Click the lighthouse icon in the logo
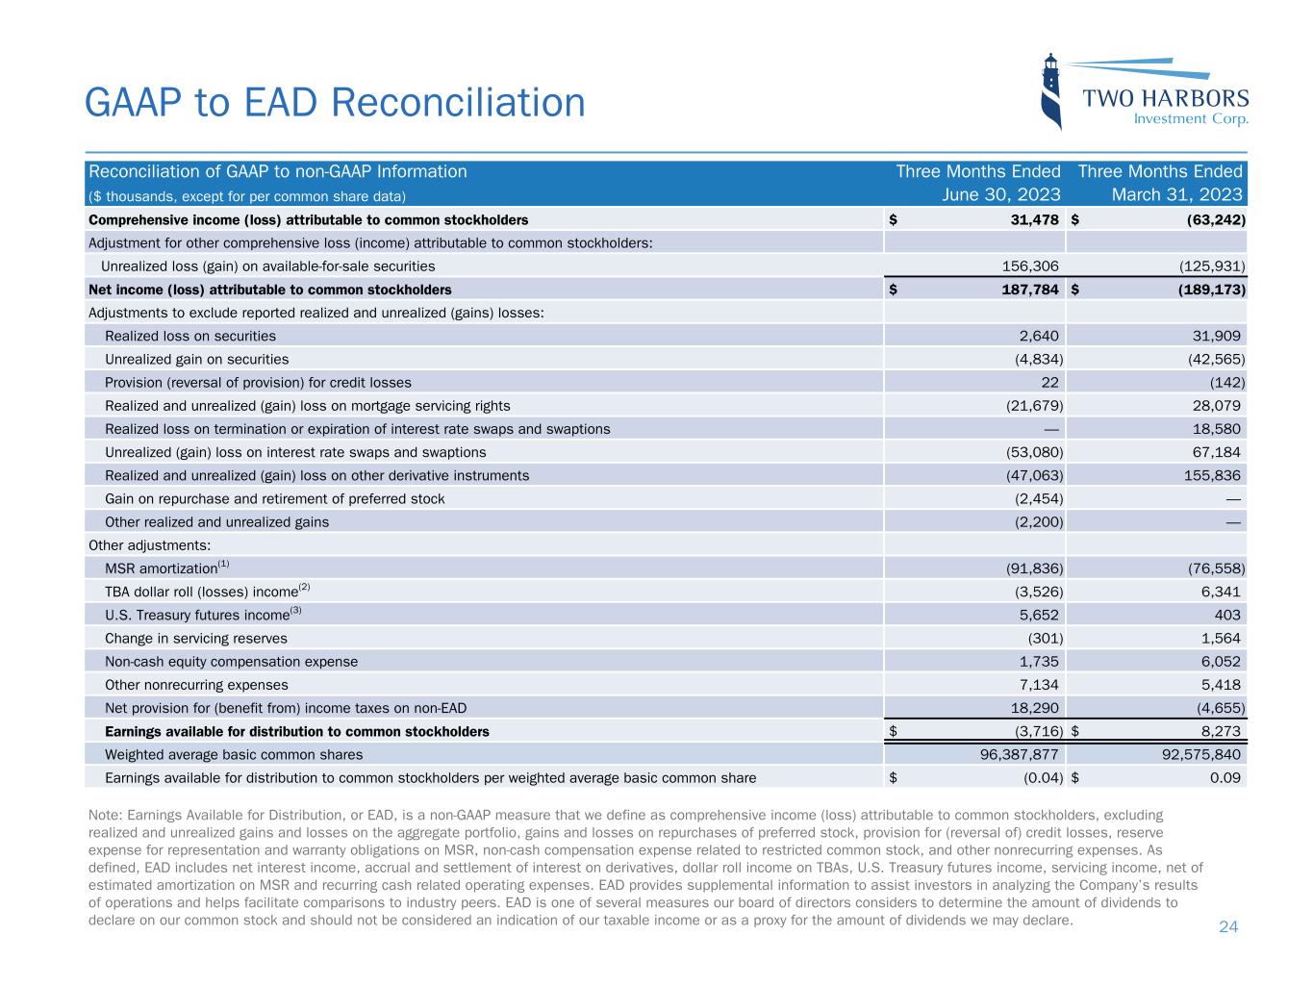tap(1051, 91)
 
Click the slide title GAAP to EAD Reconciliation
tap(335, 102)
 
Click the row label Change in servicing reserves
tap(195, 639)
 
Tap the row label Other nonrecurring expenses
tap(196, 685)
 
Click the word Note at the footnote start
tap(103, 815)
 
